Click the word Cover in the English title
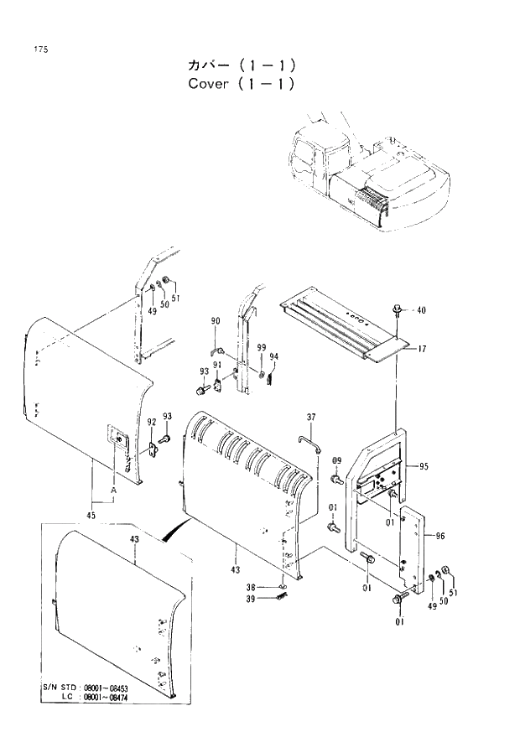pyautogui.click(x=208, y=85)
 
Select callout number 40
pyautogui.click(x=421, y=310)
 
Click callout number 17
pyautogui.click(x=422, y=347)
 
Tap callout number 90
pyautogui.click(x=216, y=321)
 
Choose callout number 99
pyautogui.click(x=262, y=347)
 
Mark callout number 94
pyautogui.click(x=273, y=356)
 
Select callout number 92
pyautogui.click(x=152, y=422)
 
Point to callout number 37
pyautogui.click(x=310, y=417)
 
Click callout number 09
pyautogui.click(x=337, y=459)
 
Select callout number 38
pyautogui.click(x=273, y=587)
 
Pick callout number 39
pyautogui.click(x=273, y=598)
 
